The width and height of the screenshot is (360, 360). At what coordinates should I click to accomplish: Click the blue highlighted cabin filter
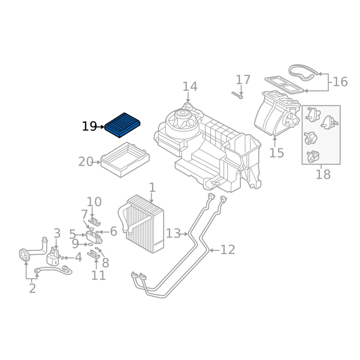pos(122,125)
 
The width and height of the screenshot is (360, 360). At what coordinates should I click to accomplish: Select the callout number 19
pos(89,126)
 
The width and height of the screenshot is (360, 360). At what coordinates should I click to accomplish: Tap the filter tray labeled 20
pos(125,160)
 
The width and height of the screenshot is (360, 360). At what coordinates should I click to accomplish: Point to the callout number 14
pos(190,86)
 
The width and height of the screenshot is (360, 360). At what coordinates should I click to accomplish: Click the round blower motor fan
pos(182,121)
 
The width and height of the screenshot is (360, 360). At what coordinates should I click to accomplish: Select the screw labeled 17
pos(237,95)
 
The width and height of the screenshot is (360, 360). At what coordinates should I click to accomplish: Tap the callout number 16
pos(340,82)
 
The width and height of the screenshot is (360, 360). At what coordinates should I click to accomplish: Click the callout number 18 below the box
pos(323,174)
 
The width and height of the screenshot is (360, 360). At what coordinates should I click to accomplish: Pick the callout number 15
pos(276,153)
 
